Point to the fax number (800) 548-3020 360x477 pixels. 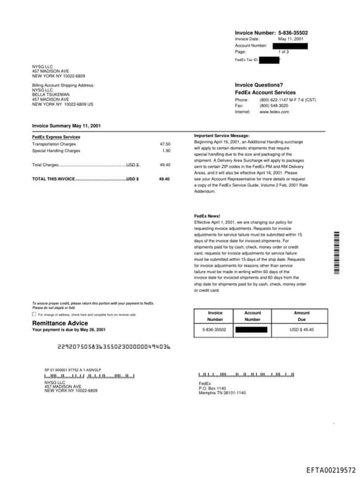(274, 106)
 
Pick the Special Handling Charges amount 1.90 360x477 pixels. (166, 151)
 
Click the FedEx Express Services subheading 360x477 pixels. (56, 136)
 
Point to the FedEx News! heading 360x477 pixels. (207, 215)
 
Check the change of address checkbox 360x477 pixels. (34, 314)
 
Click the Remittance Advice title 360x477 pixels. (60, 322)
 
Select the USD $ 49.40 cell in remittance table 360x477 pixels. (302, 329)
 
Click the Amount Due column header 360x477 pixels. (302, 315)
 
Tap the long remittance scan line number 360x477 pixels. (113, 347)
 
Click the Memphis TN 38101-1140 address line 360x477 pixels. (222, 392)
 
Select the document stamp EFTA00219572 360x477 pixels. (330, 469)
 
